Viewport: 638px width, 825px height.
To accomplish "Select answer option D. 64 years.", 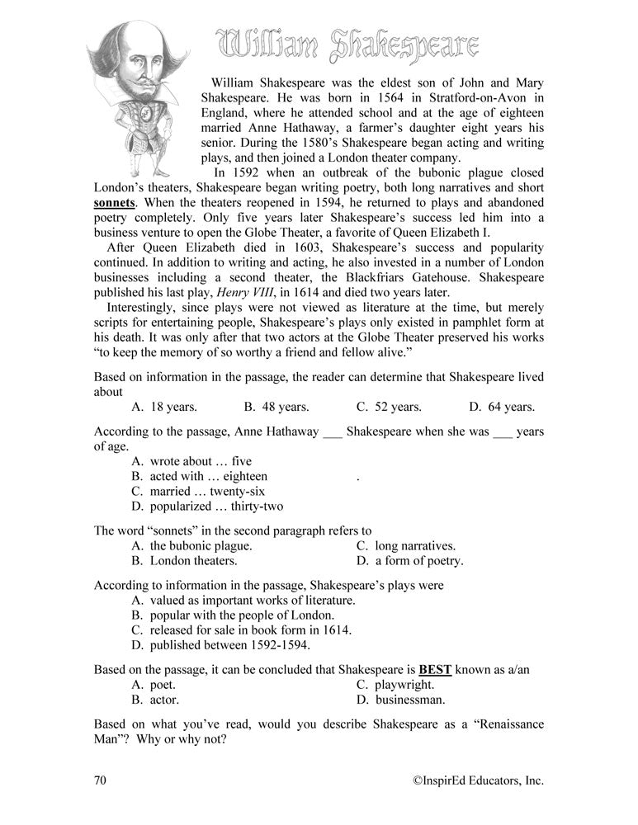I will click(502, 407).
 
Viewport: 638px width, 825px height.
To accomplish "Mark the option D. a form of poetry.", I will click(410, 561).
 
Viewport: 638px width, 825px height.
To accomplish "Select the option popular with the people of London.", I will click(233, 615).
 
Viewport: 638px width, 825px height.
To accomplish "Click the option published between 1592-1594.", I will click(229, 645).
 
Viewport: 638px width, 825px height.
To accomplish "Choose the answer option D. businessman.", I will click(401, 700).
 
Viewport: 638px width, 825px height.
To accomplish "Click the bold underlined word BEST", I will click(437, 669).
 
